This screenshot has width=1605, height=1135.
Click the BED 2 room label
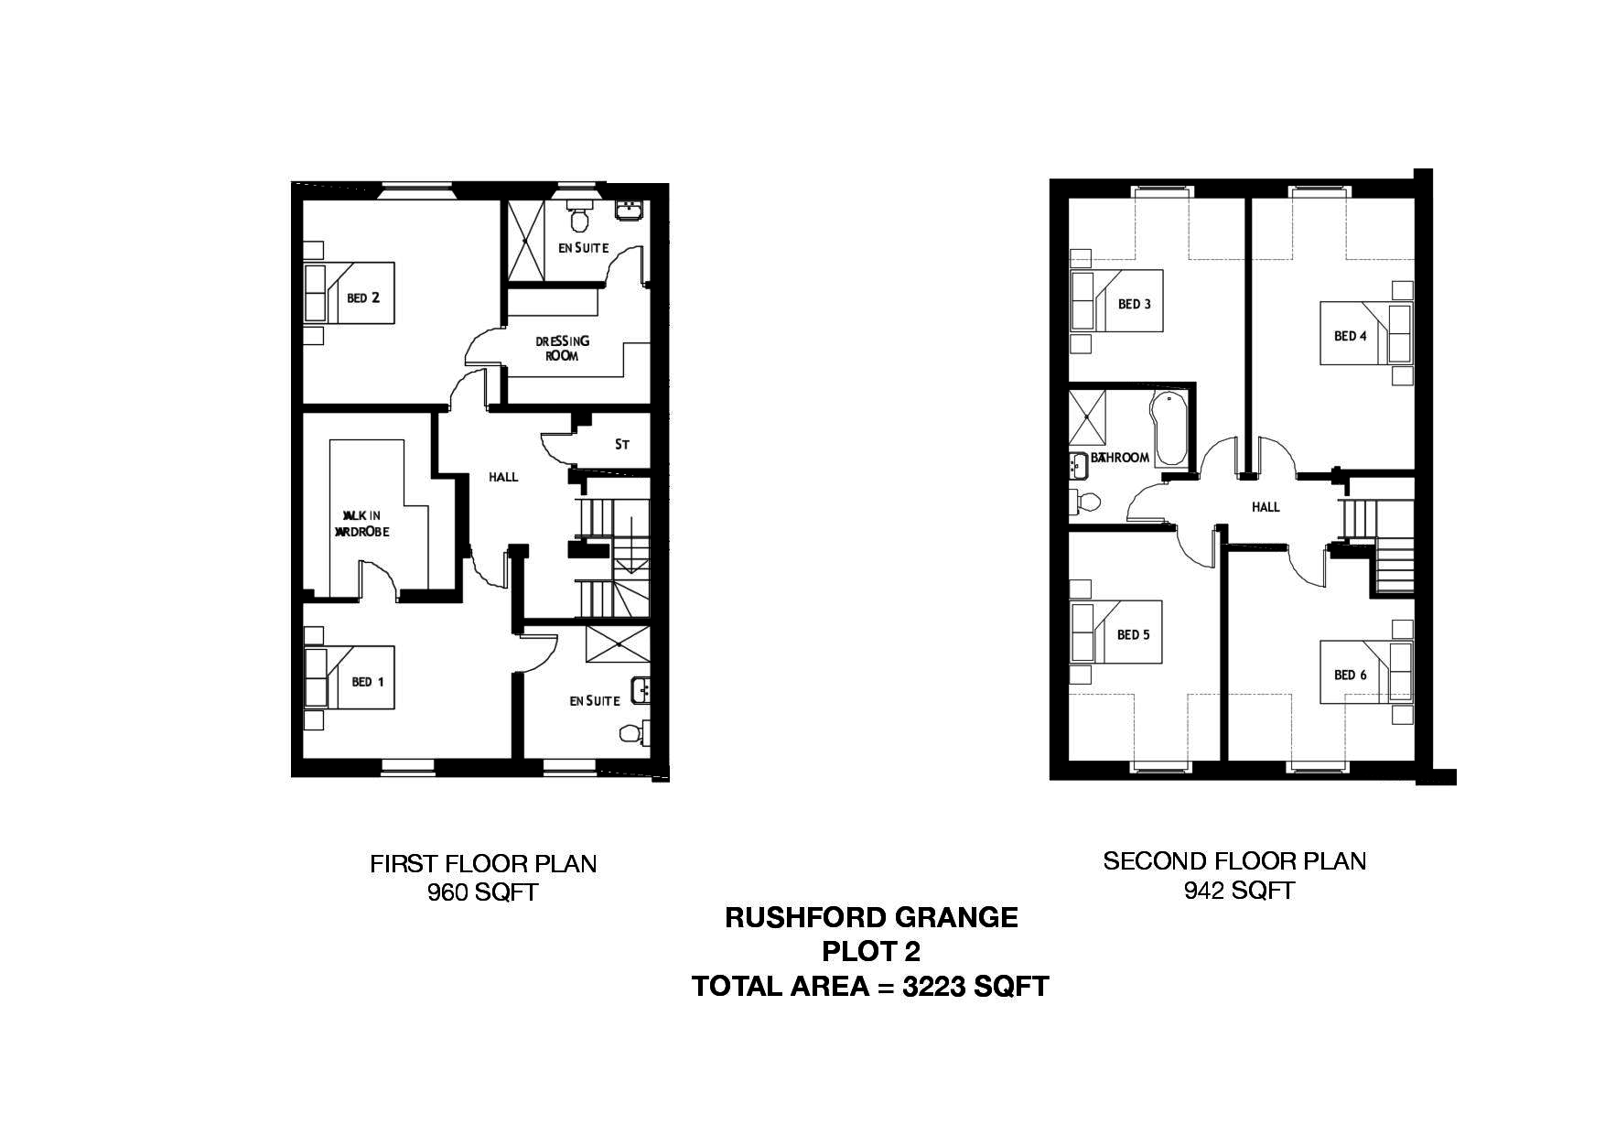point(363,297)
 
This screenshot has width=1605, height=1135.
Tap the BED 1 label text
point(368,682)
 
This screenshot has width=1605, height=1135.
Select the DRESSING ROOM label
point(562,349)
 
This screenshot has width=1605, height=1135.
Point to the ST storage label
point(622,445)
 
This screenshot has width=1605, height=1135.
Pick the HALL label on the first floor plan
point(503,477)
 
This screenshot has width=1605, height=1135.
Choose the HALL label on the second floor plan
point(1266,507)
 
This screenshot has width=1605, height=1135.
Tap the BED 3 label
point(1135,304)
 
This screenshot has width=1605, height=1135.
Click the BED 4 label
point(1350,336)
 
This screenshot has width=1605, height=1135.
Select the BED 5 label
point(1133,634)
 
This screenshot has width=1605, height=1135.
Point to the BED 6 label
point(1350,675)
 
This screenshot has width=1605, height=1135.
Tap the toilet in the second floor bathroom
point(1086,501)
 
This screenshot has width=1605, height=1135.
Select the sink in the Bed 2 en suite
point(629,212)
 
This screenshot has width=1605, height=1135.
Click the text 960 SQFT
point(482,892)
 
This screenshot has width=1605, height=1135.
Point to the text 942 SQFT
point(1239,891)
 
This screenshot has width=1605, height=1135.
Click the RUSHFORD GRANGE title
point(871,918)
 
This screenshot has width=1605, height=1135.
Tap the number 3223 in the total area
point(934,987)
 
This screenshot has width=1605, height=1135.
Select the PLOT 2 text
point(871,952)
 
